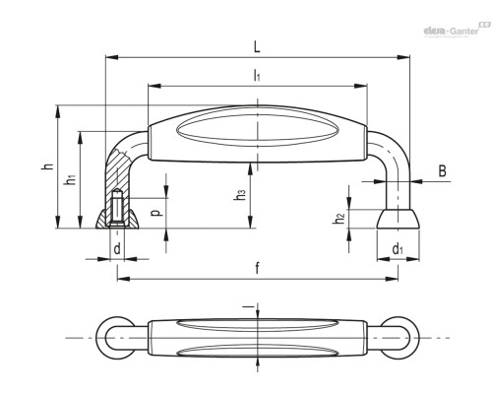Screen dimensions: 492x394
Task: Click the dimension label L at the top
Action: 257,47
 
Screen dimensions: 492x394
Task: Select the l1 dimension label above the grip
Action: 257,76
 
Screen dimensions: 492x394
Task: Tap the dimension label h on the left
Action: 48,166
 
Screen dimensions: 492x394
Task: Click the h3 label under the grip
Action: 240,194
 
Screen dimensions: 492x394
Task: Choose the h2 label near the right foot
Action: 339,218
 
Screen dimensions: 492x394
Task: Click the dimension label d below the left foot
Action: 117,248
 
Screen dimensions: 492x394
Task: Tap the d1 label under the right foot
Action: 398,249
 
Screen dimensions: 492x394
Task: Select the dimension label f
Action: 257,268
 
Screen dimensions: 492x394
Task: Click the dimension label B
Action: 443,170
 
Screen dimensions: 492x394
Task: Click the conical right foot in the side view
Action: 398,219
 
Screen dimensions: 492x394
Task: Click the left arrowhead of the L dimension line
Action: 111,57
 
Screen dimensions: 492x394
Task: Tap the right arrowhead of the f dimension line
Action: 392,279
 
